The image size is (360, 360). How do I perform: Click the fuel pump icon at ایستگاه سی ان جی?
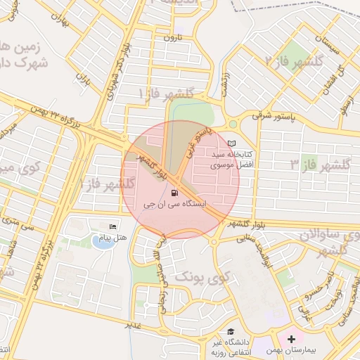click(174, 192)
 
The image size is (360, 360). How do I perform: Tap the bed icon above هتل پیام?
click(113, 226)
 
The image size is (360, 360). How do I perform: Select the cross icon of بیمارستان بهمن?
click(292, 339)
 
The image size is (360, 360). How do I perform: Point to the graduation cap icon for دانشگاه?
click(231, 332)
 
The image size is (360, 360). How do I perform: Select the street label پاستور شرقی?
click(266, 114)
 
